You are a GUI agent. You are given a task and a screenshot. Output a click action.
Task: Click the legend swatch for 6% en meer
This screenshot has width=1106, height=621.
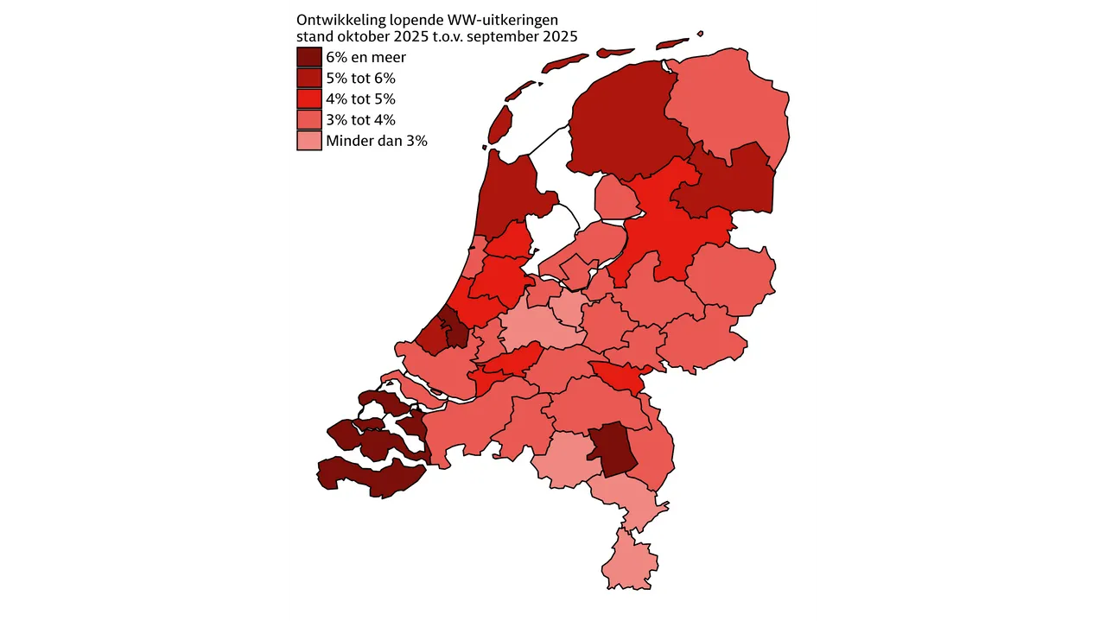[309, 57]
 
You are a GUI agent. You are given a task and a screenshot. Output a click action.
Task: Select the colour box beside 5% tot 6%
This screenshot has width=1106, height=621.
[309, 78]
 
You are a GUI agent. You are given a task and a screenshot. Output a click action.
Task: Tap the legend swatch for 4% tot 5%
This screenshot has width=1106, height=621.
[309, 98]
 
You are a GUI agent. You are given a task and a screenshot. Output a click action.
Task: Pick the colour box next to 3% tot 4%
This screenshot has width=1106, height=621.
[309, 119]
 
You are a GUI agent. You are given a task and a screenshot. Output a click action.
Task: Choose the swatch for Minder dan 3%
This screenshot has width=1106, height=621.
[309, 140]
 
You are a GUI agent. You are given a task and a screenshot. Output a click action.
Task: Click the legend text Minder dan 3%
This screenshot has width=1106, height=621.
[377, 141]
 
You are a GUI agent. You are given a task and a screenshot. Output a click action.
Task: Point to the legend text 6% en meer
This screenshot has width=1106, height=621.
[365, 58]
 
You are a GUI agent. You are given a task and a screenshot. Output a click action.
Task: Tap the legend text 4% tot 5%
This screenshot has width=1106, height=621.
[360, 99]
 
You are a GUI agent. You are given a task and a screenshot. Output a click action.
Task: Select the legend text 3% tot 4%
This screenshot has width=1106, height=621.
[360, 120]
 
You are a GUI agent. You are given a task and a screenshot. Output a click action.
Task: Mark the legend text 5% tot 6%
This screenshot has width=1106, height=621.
[360, 79]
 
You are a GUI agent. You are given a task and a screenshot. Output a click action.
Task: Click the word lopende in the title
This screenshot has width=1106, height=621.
[410, 19]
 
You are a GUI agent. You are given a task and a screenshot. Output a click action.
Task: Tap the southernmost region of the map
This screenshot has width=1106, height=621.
[629, 561]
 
